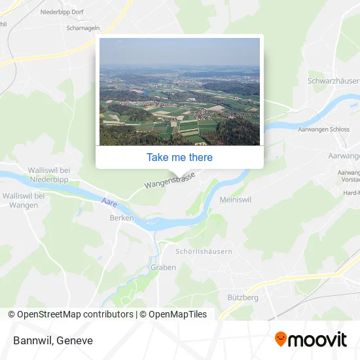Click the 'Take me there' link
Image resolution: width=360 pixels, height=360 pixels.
(x=179, y=157)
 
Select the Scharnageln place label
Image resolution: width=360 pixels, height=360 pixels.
(x=82, y=28)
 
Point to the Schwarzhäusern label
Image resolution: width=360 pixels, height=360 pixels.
(x=333, y=81)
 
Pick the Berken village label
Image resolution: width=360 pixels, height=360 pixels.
(x=122, y=218)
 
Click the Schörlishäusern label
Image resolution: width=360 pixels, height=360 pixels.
(x=204, y=251)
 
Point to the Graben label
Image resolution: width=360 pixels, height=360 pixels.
(x=163, y=267)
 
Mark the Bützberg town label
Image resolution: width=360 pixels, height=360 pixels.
(x=243, y=297)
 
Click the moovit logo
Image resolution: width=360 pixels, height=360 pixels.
(x=310, y=339)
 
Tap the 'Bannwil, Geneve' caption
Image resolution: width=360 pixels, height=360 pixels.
(x=52, y=340)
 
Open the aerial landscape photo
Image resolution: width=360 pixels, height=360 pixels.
(x=179, y=92)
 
